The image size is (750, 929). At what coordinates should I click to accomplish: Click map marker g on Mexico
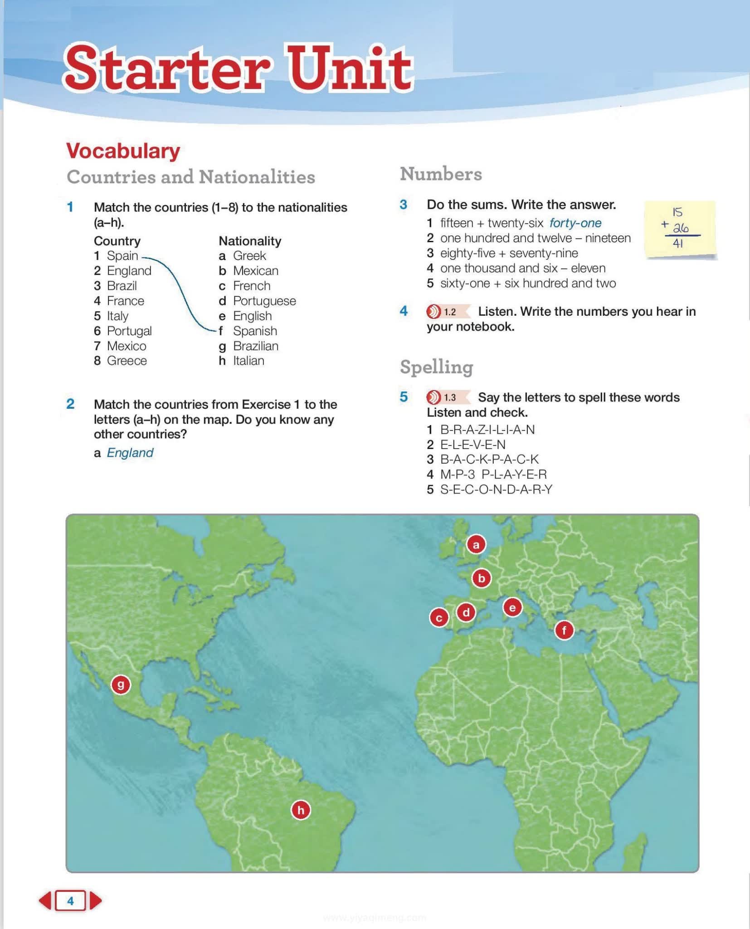pyautogui.click(x=121, y=685)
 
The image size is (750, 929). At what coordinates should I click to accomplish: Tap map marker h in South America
pyautogui.click(x=301, y=810)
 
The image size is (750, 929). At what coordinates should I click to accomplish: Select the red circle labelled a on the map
pyautogui.click(x=476, y=544)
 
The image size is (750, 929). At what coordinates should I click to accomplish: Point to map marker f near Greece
pyautogui.click(x=564, y=630)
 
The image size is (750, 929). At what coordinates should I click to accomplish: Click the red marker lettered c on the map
pyautogui.click(x=438, y=618)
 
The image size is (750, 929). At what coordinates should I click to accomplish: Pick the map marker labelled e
pyautogui.click(x=512, y=607)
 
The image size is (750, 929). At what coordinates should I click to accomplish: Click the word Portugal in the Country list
pyautogui.click(x=129, y=331)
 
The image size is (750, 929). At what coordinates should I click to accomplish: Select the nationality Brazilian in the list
pyautogui.click(x=256, y=346)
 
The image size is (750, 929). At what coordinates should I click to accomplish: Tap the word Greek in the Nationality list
pyautogui.click(x=249, y=256)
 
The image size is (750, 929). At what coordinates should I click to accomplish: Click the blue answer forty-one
pyautogui.click(x=575, y=223)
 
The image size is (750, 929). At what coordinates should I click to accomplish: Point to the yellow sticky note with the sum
pyautogui.click(x=680, y=229)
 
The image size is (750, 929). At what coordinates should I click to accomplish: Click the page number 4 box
pyautogui.click(x=70, y=900)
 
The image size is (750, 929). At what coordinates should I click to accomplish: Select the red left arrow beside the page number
pyautogui.click(x=45, y=900)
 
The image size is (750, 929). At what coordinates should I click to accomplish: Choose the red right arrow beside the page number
pyautogui.click(x=95, y=900)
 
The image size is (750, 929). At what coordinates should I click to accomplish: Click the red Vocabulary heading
pyautogui.click(x=123, y=151)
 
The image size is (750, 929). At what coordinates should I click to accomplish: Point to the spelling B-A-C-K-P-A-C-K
pyautogui.click(x=489, y=460)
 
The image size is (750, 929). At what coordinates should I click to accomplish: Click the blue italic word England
pyautogui.click(x=130, y=453)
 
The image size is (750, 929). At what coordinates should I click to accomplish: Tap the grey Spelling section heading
pyautogui.click(x=436, y=367)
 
